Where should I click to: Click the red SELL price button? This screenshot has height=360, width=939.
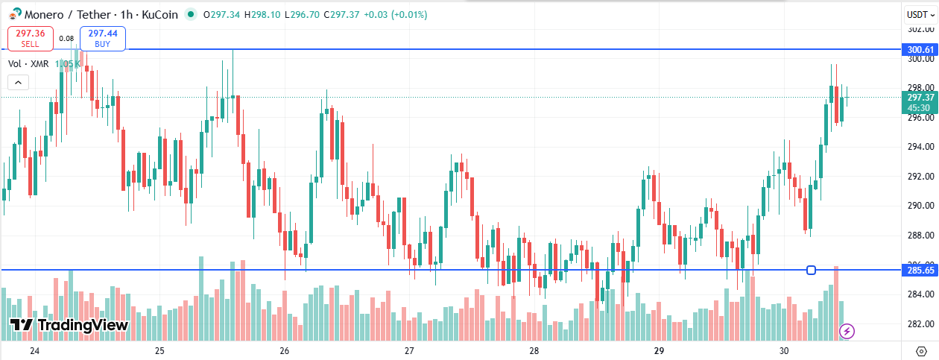(x=31, y=38)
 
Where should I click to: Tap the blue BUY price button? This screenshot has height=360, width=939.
(x=103, y=38)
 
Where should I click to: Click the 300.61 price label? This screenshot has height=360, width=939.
(x=920, y=50)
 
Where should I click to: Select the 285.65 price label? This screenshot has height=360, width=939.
(x=920, y=271)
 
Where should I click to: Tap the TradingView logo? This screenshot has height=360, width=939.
(x=69, y=325)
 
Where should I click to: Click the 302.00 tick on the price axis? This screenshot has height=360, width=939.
(x=921, y=29)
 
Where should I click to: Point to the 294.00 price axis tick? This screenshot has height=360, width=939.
(x=921, y=147)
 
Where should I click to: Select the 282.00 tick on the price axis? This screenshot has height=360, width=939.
(x=921, y=324)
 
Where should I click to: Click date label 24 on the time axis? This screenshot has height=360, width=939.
(x=34, y=350)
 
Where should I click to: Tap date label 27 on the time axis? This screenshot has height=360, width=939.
(x=408, y=350)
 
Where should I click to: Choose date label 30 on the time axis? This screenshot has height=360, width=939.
(x=783, y=350)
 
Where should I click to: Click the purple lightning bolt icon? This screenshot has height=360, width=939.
(x=847, y=330)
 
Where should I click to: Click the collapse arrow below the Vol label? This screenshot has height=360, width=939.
(x=18, y=83)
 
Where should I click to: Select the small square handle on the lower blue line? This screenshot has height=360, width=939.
(x=811, y=270)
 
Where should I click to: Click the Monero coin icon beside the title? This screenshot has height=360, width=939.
(x=15, y=13)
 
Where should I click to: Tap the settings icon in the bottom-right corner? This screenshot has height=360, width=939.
(x=920, y=350)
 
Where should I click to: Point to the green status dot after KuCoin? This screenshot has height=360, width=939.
(x=192, y=13)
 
